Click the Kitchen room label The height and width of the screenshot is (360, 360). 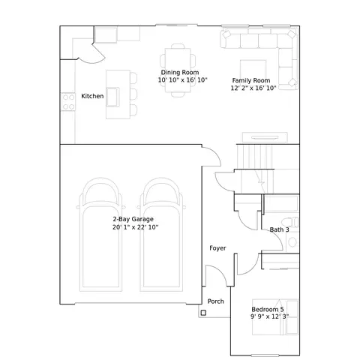(x=92, y=96)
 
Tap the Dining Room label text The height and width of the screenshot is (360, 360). (x=180, y=72)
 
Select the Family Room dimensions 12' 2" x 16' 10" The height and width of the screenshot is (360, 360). (x=253, y=88)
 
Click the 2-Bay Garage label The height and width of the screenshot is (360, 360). (x=133, y=219)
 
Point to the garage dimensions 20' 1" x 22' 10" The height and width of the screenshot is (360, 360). (x=135, y=227)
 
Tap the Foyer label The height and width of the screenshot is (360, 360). (x=217, y=248)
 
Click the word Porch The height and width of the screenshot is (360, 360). (x=215, y=301)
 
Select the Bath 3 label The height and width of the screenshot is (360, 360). (x=279, y=229)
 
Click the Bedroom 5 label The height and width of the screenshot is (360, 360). (x=268, y=309)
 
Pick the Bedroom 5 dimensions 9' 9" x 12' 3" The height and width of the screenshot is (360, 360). (x=269, y=316)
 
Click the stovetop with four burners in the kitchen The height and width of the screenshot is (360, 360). (x=68, y=102)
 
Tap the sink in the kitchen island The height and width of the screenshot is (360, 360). (x=112, y=97)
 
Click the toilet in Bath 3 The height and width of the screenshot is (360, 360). (x=289, y=222)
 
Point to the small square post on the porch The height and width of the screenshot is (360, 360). (x=203, y=313)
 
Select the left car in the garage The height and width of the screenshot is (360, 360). (x=100, y=235)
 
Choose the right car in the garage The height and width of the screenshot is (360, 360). (x=161, y=235)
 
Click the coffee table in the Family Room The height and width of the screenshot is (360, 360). (x=253, y=69)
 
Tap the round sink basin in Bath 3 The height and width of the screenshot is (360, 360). (x=292, y=242)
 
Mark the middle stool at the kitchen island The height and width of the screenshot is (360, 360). (x=133, y=94)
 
